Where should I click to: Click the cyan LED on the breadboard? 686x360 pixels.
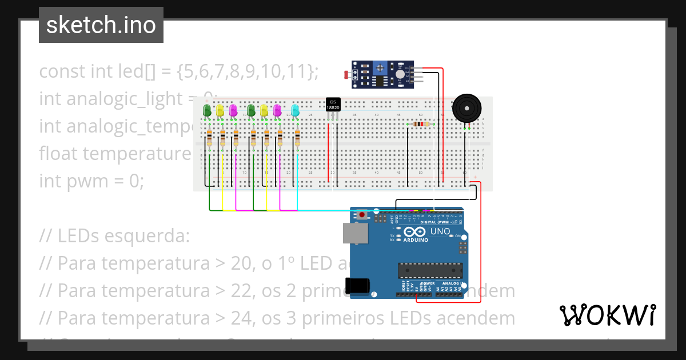[295, 110]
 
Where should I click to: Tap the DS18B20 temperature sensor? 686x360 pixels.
[333, 104]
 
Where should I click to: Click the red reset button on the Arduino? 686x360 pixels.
[362, 215]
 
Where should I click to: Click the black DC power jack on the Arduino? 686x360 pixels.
[357, 286]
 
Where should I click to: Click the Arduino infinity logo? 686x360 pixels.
[414, 231]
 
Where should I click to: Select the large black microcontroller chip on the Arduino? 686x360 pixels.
[430, 270]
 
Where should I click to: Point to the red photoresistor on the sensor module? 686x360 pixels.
[346, 74]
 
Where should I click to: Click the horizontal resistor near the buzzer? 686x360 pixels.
[420, 124]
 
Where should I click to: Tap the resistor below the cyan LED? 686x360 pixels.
[297, 138]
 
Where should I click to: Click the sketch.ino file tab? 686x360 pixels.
[101, 25]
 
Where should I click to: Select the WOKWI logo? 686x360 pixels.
[607, 315]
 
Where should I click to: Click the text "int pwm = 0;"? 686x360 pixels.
[91, 181]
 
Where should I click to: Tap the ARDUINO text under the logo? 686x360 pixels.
[416, 239]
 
